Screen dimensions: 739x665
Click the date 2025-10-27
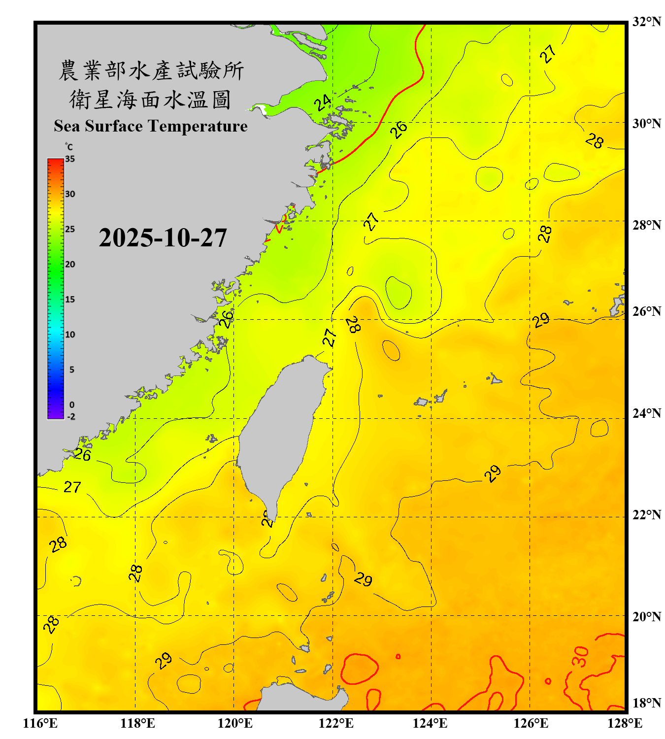[163, 238]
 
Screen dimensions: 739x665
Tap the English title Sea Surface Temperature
[151, 126]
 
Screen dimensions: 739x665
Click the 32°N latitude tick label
[646, 22]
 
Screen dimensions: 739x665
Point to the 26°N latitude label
[646, 311]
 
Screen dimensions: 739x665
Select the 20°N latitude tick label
[646, 616]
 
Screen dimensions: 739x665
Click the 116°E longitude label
[40, 723]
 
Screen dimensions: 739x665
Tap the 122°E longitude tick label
[336, 723]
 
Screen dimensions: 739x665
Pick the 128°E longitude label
[625, 723]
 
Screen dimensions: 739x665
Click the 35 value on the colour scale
[70, 159]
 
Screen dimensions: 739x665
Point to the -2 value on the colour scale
[71, 416]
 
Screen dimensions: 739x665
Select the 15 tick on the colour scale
[70, 300]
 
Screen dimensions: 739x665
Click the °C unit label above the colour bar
[69, 147]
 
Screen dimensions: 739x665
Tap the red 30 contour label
[581, 657]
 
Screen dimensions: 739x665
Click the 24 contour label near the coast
[323, 103]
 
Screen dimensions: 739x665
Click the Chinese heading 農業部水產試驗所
[151, 70]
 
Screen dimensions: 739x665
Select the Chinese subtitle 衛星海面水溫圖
[151, 100]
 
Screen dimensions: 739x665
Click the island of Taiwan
[281, 429]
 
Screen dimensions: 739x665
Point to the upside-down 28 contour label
[353, 324]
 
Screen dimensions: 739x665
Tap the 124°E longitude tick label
[430, 723]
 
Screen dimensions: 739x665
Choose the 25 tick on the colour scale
[70, 229]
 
